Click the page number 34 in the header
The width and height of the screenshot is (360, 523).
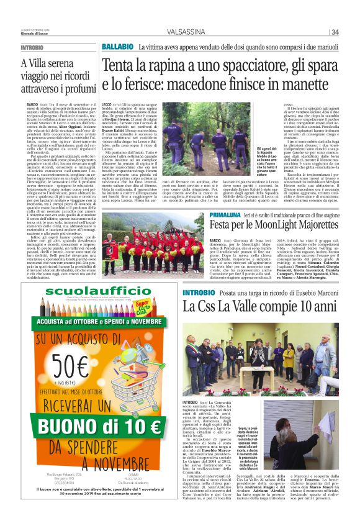click(335, 32)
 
